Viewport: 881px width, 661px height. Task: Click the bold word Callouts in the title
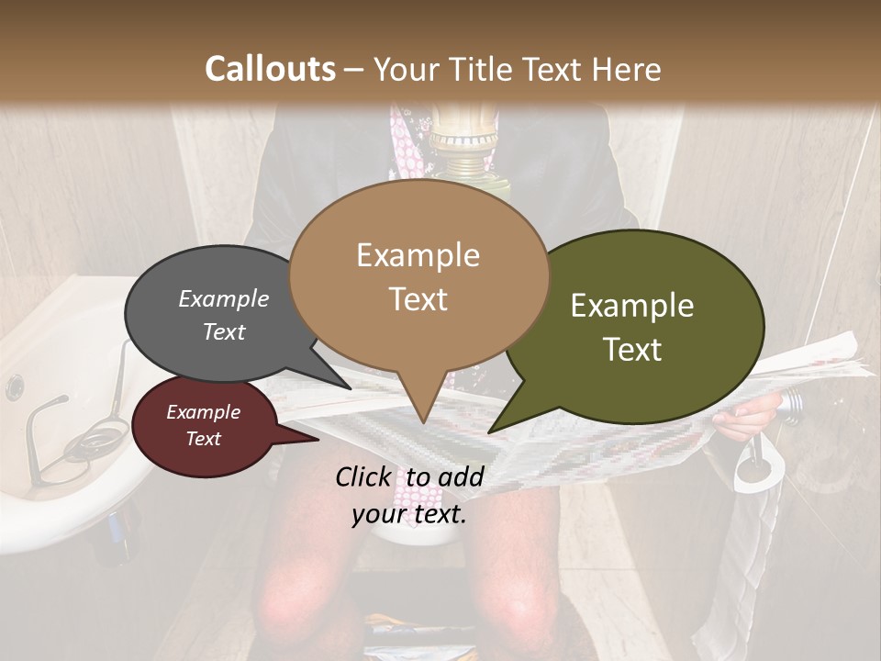(x=270, y=69)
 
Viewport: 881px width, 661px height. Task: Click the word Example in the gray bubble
(x=223, y=298)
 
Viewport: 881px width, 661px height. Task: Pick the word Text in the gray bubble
(x=223, y=331)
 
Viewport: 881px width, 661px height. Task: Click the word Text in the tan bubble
(x=418, y=298)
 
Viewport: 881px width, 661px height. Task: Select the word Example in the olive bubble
(x=632, y=305)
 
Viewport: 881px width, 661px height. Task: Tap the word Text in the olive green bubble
(x=632, y=349)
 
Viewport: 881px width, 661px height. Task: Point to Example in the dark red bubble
(x=203, y=412)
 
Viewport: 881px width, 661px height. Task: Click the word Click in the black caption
(x=364, y=476)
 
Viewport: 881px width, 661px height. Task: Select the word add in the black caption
(x=461, y=476)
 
